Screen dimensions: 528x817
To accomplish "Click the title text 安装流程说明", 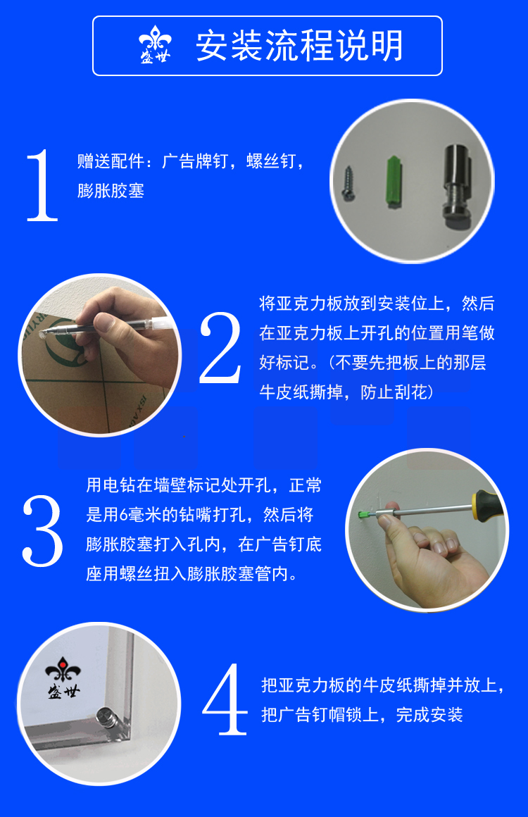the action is pos(299,46).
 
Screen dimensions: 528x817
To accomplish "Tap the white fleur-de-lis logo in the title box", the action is pos(155,44).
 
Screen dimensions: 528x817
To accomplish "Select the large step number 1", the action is pos(42,185).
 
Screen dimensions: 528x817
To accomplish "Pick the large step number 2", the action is pos(221,348).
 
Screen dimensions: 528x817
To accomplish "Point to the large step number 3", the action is pos(43,531).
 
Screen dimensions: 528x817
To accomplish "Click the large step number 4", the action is pos(225,699).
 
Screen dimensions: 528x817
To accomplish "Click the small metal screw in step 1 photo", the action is pos(347,182).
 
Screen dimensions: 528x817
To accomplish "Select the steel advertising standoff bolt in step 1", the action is pos(457,187).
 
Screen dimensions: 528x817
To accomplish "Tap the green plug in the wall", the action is pos(365,515).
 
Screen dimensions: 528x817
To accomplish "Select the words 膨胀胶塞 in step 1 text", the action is pos(111,191).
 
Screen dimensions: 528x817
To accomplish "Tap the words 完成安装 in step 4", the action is pos(429,714).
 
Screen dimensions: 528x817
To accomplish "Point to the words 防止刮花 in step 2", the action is pos(394,392).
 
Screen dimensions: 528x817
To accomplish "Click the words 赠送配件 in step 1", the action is pos(111,161).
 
